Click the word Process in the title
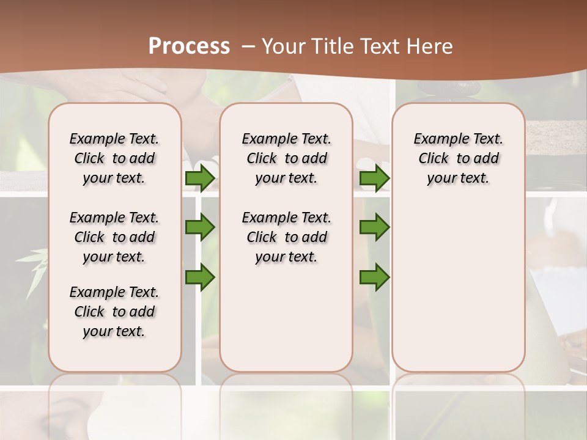coord(189,46)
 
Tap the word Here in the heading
coord(430,46)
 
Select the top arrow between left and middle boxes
coord(200,178)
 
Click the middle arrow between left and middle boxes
coord(200,227)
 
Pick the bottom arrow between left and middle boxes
coord(200,277)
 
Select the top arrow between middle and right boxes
coord(374,178)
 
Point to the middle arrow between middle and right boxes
coord(374,227)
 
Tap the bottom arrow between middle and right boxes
coord(374,277)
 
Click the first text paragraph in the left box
coord(114,158)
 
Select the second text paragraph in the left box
coord(114,237)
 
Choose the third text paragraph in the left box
coord(114,312)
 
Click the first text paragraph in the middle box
coord(286,158)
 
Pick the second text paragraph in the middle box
coord(286,237)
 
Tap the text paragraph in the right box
coord(458,158)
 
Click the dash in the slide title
coord(248,46)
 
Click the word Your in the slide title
coord(282,46)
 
